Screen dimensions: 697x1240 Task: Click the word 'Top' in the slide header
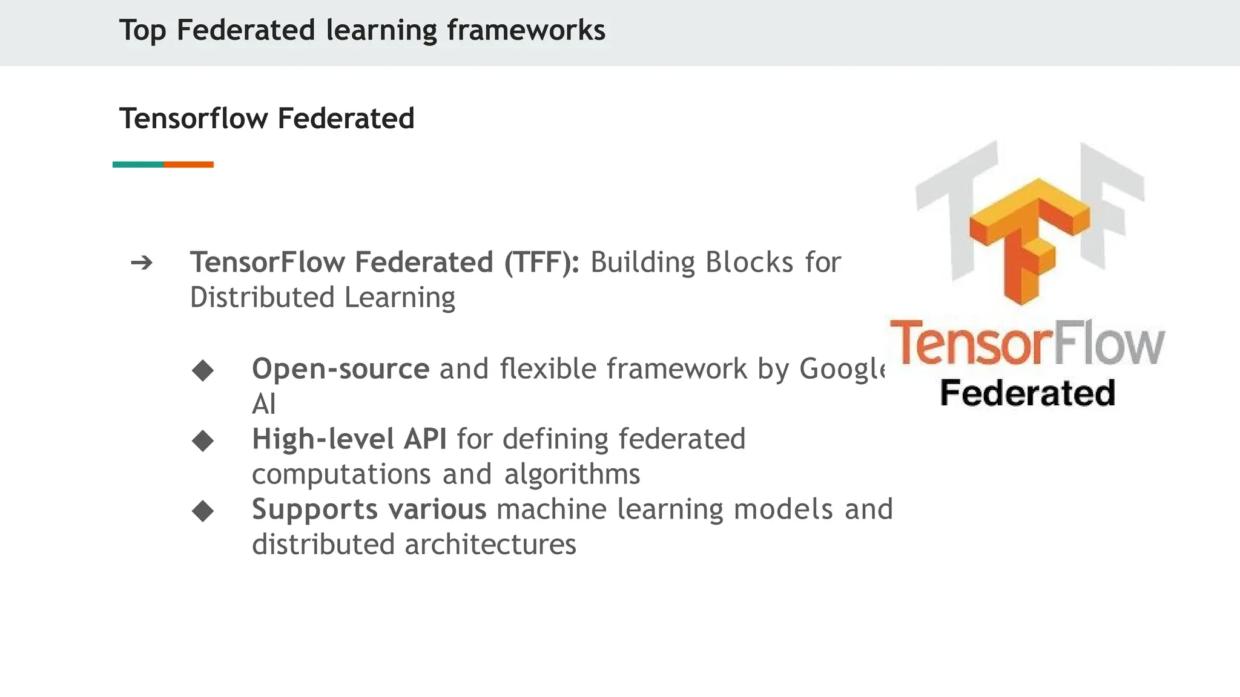[x=142, y=31]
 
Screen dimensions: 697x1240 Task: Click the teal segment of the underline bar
[x=138, y=165]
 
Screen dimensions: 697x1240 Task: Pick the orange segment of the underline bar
[x=188, y=165]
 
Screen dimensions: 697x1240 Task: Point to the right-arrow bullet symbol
[x=142, y=263]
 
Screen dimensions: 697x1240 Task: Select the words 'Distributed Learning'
[x=322, y=298]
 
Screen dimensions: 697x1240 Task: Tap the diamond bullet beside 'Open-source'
[x=203, y=370]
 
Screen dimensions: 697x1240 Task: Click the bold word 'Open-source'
[x=340, y=369]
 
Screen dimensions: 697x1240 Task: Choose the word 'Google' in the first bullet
[x=842, y=369]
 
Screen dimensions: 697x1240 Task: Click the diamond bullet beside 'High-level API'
[x=203, y=440]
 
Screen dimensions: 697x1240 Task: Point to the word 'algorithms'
[x=572, y=474]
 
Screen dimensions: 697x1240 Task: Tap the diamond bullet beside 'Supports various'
[x=203, y=511]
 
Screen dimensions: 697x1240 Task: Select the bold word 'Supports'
[x=315, y=509]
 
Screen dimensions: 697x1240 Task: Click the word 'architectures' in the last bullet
[x=490, y=545]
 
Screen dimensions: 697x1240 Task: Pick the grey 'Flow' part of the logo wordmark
[x=1110, y=343]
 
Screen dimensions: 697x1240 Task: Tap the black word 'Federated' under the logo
[x=1027, y=393]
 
